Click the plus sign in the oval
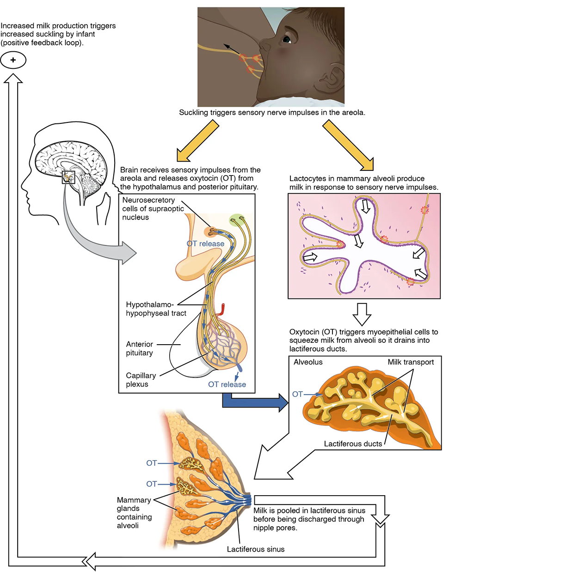[13, 60]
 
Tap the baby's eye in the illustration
[287, 39]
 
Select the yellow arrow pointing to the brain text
[197, 140]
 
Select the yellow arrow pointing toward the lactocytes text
[348, 145]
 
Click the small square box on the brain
[68, 177]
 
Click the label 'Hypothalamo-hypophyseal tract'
[156, 309]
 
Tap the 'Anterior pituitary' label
[140, 348]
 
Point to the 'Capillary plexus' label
[141, 380]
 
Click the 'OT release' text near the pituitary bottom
[227, 384]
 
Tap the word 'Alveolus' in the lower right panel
[308, 362]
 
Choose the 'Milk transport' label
[411, 362]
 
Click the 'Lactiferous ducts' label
[353, 443]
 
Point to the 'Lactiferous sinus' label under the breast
[256, 549]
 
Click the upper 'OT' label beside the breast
[152, 463]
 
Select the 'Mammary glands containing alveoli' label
[134, 513]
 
